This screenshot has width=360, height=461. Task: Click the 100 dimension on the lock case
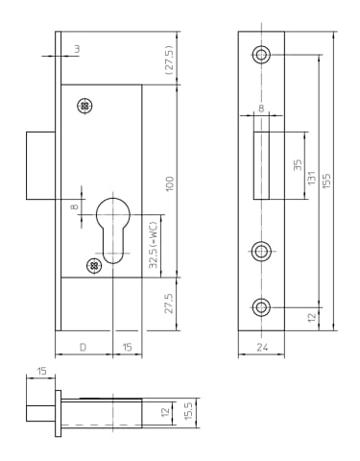[170, 183]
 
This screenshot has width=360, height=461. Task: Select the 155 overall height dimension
[326, 181]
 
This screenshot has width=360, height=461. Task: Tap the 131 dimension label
[311, 178]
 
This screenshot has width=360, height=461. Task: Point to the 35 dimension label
[298, 165]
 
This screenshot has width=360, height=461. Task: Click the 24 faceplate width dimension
[262, 347]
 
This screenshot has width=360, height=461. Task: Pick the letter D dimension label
[83, 347]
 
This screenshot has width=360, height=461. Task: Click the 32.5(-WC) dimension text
[154, 245]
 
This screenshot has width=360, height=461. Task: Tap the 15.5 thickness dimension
[188, 411]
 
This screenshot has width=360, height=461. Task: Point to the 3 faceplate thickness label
[77, 49]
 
